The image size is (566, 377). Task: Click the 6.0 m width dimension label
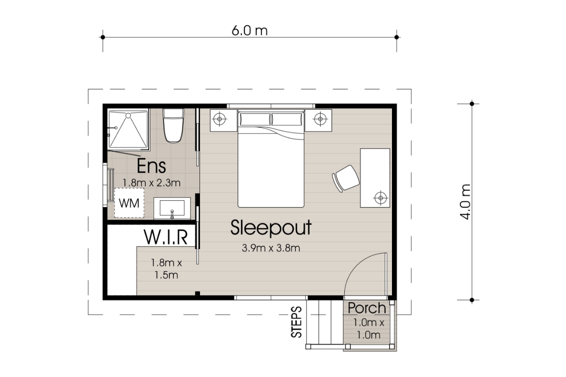tap(250, 31)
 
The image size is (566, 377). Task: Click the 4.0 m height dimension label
tap(466, 202)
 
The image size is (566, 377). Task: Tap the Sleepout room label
tap(271, 228)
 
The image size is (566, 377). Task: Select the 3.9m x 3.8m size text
tap(271, 248)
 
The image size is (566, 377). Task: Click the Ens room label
tap(151, 166)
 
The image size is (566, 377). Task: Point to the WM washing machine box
tap(129, 204)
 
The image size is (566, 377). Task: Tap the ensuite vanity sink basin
tap(172, 208)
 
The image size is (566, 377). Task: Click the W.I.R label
tap(166, 237)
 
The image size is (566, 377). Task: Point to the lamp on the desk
tap(380, 197)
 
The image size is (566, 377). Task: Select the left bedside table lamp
tap(219, 119)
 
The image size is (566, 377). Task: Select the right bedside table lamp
tap(319, 119)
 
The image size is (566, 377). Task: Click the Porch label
tap(367, 309)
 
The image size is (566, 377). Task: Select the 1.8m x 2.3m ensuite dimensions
tap(151, 182)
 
